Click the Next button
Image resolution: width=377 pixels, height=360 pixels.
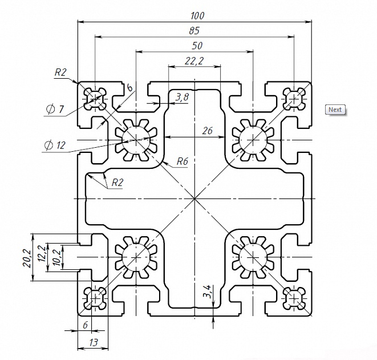335,110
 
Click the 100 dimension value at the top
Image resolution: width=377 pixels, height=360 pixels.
197,16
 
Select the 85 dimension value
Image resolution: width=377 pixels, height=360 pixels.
194,31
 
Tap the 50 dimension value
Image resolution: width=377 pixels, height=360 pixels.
197,46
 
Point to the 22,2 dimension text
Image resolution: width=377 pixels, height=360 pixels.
194,61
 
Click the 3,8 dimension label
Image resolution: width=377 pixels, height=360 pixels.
182,97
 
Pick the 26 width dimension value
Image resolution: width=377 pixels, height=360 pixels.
208,131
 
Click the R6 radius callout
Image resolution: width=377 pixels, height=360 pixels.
182,161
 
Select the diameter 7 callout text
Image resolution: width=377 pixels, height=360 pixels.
55,109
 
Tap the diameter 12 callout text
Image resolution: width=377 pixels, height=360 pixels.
55,145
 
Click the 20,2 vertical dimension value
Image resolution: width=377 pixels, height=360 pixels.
27,258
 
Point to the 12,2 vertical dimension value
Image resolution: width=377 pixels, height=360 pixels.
42,254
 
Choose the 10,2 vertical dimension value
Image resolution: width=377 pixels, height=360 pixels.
56,257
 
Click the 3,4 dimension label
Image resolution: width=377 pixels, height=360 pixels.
207,291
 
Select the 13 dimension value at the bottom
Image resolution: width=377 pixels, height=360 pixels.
94,342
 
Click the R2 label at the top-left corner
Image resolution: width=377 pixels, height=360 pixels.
60,72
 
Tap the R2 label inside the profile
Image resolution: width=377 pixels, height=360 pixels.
117,183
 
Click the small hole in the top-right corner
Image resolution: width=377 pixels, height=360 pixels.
294,99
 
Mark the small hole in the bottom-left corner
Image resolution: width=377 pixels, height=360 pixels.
95,298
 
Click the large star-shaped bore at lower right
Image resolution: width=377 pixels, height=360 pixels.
253,257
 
